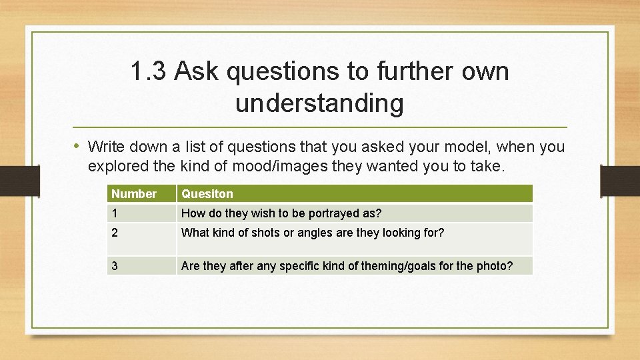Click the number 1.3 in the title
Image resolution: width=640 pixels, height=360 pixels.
pos(148,72)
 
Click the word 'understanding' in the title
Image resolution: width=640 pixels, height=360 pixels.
pos(319,103)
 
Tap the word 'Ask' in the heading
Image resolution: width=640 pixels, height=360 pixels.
pos(197,72)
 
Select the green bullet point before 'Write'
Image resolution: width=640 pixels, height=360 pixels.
pos(78,145)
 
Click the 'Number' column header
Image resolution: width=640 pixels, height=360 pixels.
pos(134,194)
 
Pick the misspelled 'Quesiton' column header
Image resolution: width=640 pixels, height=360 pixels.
pos(207,194)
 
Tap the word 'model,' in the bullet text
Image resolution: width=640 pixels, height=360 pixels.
pos(470,146)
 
